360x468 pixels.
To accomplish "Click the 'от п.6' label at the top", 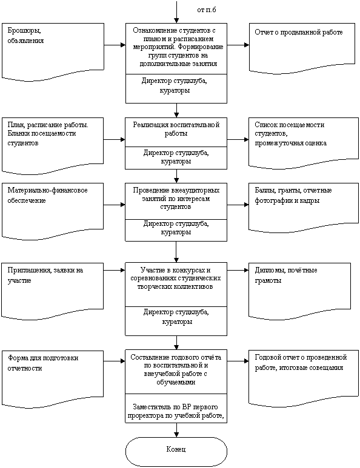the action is click(207, 10).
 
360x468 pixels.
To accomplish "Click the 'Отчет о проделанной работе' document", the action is click(302, 48).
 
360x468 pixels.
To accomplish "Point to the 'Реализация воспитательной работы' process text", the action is click(176, 129).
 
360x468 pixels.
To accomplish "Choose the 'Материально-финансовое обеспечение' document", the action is click(53, 211).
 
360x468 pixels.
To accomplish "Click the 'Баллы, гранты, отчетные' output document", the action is click(304, 208).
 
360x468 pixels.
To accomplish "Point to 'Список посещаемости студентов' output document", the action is click(304, 143).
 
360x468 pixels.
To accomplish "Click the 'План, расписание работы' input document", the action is click(53, 146).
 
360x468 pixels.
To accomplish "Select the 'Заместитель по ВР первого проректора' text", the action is click(176, 411).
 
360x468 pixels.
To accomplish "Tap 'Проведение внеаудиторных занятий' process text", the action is click(176, 199).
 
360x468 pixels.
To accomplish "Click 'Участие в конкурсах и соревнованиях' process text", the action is click(176, 278).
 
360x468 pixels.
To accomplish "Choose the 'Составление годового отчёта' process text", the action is click(176, 369).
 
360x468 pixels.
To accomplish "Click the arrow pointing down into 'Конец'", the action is click(176, 430).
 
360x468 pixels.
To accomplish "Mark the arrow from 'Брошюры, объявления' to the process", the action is click(115, 45).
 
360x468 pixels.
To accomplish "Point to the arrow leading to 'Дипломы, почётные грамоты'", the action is click(238, 271).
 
